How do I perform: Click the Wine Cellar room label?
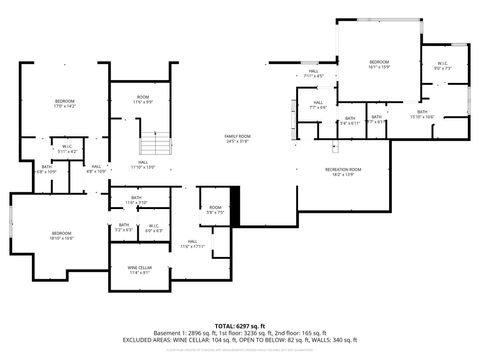pyautogui.click(x=140, y=269)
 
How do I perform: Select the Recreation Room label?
pyautogui.click(x=343, y=172)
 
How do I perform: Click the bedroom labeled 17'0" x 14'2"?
pyautogui.click(x=65, y=104)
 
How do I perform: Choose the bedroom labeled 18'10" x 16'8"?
pyautogui.click(x=61, y=235)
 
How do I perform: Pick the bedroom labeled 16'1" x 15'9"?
pyautogui.click(x=379, y=64)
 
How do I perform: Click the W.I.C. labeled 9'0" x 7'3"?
pyautogui.click(x=443, y=67)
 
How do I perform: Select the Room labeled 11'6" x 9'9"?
pyautogui.click(x=144, y=100)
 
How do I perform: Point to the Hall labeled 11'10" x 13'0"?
pyautogui.click(x=144, y=166)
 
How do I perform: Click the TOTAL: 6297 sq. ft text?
pyautogui.click(x=238, y=326)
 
